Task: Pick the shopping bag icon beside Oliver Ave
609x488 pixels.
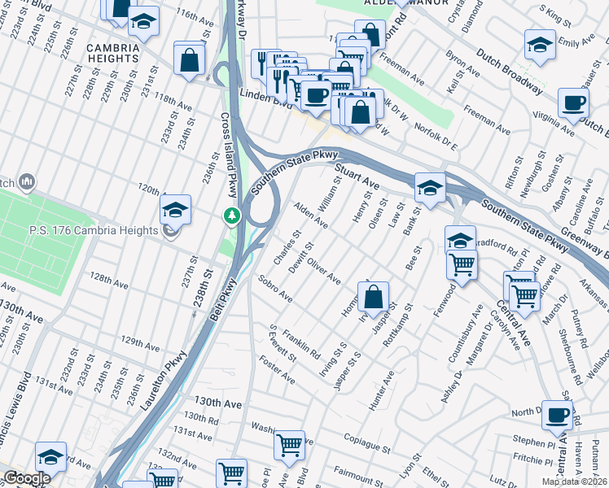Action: tap(373, 298)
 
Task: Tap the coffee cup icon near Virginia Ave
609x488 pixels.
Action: tap(574, 103)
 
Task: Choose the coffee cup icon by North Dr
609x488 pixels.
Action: tap(558, 415)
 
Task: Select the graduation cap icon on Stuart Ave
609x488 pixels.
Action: tap(429, 188)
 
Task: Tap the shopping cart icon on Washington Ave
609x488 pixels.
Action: tap(289, 445)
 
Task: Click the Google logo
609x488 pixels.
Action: tap(27, 478)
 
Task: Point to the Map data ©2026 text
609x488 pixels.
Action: tap(574, 481)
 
